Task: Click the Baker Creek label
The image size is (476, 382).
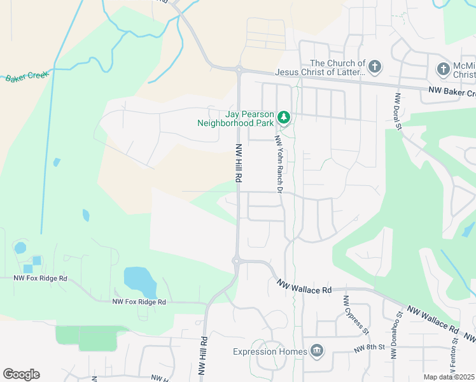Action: [x=27, y=77]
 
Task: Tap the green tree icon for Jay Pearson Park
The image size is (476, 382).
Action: [x=284, y=117]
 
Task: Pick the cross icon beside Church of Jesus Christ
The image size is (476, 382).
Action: [x=375, y=66]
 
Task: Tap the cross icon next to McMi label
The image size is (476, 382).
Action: [x=444, y=68]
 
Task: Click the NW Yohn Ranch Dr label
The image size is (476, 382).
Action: [x=278, y=163]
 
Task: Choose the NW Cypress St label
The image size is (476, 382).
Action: [x=356, y=315]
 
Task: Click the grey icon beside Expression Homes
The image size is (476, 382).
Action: [x=316, y=351]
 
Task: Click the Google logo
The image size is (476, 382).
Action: [x=21, y=374]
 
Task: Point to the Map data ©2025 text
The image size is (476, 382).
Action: [x=449, y=377]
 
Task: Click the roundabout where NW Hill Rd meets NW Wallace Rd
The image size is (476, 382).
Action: [x=236, y=260]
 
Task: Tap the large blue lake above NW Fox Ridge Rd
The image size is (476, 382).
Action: [x=139, y=278]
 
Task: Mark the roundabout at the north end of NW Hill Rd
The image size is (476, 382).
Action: [x=239, y=69]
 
